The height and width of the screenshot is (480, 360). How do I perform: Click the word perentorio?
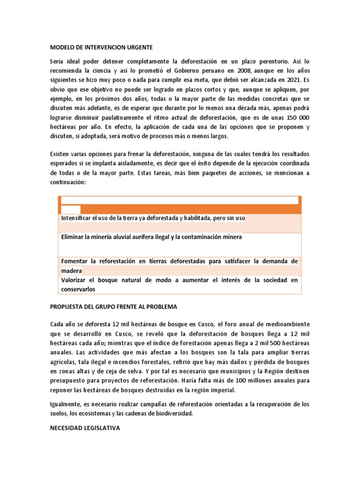coord(267,61)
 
